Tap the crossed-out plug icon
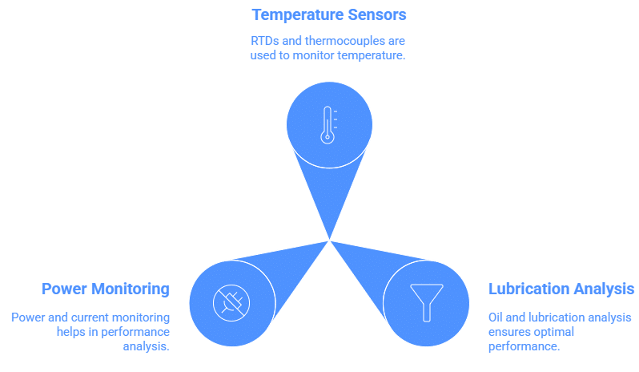tap(231, 302)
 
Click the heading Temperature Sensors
tap(328, 14)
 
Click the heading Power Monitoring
tap(106, 289)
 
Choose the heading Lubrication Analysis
tap(562, 289)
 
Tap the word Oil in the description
tap(496, 317)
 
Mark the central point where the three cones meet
tap(329, 240)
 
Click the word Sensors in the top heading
tap(378, 14)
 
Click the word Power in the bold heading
tap(63, 289)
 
